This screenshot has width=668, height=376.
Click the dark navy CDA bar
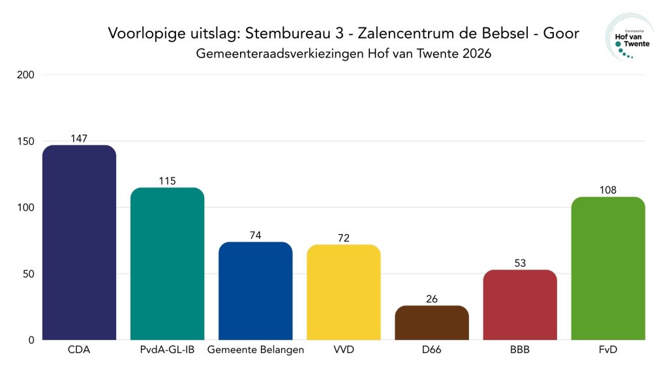click(79, 242)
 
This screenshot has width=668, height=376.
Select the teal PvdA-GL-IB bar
click(167, 264)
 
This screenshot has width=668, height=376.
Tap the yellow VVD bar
click(343, 292)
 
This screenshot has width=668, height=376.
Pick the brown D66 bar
click(431, 322)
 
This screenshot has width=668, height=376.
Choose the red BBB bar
click(520, 305)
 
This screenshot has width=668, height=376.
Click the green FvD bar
click(607, 268)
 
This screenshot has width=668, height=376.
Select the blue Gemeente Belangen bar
click(255, 291)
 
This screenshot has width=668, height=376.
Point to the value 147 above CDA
click(79, 138)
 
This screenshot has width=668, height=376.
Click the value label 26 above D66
click(431, 299)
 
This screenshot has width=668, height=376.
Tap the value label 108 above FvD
click(607, 190)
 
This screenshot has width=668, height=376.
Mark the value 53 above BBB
click(520, 263)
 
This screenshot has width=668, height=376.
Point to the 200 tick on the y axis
click(26, 75)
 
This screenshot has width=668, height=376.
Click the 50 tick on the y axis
click(29, 274)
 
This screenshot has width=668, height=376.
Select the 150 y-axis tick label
click(26, 142)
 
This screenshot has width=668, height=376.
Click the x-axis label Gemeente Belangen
click(255, 350)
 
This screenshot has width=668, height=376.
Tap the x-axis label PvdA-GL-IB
click(167, 350)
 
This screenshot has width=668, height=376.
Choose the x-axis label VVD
click(343, 350)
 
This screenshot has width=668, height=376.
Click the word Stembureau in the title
click(284, 33)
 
